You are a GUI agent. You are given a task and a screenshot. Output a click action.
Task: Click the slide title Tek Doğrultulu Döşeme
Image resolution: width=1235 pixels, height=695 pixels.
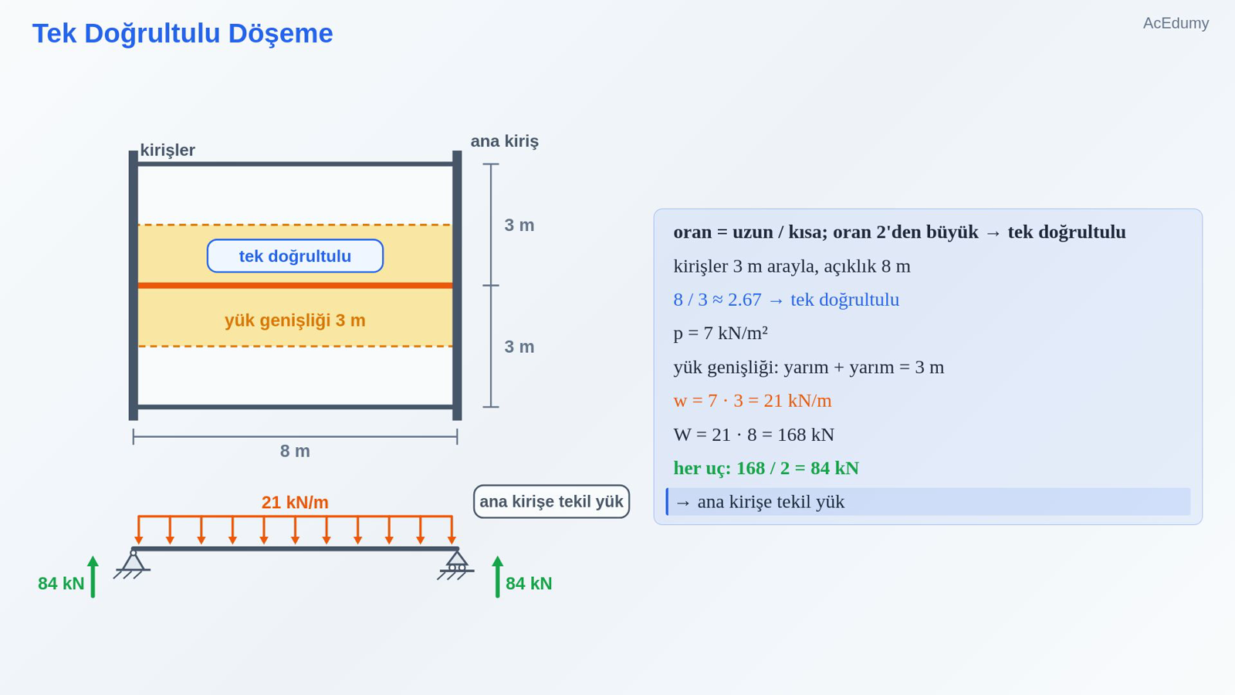click(x=182, y=34)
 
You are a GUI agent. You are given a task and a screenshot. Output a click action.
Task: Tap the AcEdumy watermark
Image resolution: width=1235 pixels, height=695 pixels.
click(x=1176, y=23)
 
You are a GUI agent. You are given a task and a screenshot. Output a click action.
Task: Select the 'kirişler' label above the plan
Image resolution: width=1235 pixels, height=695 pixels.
click(x=167, y=150)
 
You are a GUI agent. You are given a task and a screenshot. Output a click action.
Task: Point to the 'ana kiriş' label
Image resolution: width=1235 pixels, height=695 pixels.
click(x=505, y=141)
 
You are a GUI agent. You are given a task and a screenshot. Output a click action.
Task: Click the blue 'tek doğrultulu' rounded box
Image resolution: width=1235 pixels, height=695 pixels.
click(x=295, y=256)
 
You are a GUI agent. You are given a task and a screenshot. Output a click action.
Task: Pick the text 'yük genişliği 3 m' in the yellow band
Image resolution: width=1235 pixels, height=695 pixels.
click(x=295, y=320)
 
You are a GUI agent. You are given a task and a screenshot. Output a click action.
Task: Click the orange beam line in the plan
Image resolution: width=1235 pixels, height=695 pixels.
click(x=295, y=286)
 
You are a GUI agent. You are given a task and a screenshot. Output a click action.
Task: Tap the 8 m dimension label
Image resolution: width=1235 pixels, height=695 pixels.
click(x=295, y=451)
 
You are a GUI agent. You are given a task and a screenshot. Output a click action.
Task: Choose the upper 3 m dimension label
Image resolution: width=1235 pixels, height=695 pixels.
click(x=519, y=225)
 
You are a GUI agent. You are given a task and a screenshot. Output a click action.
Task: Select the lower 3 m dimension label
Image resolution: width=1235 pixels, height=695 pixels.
click(x=519, y=347)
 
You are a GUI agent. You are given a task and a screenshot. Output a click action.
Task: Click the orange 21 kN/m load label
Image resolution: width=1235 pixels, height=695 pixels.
click(x=295, y=503)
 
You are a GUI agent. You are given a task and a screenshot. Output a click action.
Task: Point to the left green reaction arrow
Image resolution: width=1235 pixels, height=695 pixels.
click(x=93, y=576)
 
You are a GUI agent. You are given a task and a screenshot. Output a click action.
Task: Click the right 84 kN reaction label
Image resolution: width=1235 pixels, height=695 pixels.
click(x=529, y=584)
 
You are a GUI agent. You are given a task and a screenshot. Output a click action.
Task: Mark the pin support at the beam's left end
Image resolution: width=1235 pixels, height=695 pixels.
click(x=133, y=564)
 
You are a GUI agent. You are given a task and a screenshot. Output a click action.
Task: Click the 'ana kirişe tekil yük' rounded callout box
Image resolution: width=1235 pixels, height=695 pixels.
click(x=551, y=501)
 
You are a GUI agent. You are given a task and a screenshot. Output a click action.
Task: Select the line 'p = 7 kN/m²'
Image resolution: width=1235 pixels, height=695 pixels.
click(x=721, y=333)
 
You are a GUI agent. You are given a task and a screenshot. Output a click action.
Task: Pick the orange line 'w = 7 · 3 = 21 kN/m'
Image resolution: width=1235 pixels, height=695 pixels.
click(x=753, y=401)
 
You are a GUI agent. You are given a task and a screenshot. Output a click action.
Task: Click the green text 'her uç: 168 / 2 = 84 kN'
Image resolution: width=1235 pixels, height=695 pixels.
click(x=766, y=468)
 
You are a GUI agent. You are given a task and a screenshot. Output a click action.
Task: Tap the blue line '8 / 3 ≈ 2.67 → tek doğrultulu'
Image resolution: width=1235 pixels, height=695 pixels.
click(x=787, y=300)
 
